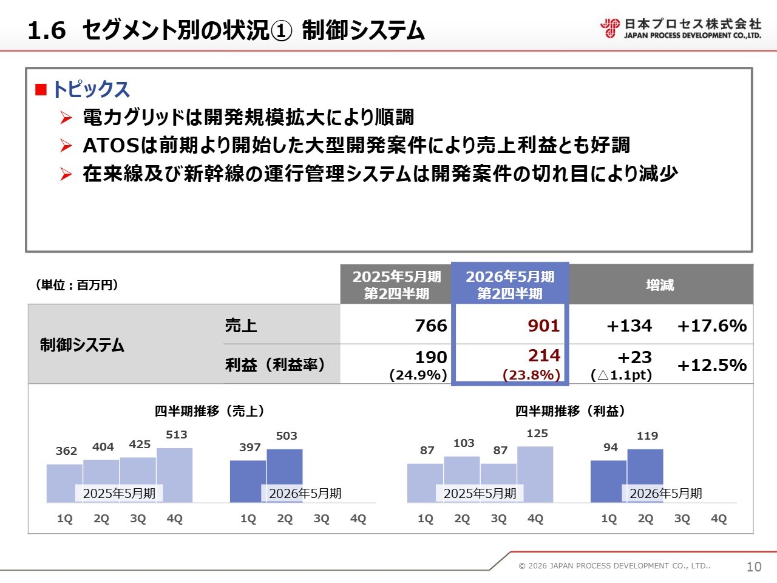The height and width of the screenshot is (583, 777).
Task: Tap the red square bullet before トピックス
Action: [41, 90]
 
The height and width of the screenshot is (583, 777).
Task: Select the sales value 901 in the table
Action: [543, 326]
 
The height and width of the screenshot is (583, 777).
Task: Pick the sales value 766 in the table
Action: [430, 326]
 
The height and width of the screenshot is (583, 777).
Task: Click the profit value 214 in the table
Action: [544, 356]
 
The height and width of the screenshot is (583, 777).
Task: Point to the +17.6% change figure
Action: [711, 326]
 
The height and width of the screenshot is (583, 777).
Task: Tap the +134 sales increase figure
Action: [629, 326]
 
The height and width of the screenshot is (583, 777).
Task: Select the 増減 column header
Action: [660, 285]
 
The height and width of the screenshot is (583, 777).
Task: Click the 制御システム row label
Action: [82, 345]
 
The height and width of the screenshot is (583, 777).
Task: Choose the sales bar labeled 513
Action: [175, 475]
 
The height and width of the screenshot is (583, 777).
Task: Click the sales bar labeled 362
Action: [64, 483]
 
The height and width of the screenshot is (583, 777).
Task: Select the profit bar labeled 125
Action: [535, 474]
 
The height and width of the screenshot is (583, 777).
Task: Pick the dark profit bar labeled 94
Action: [608, 481]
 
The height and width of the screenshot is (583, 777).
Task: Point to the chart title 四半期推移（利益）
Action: [570, 411]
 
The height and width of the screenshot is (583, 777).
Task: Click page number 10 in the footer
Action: [753, 567]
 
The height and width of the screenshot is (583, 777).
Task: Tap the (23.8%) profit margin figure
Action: [531, 375]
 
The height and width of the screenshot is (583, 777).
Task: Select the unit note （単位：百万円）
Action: [76, 285]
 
